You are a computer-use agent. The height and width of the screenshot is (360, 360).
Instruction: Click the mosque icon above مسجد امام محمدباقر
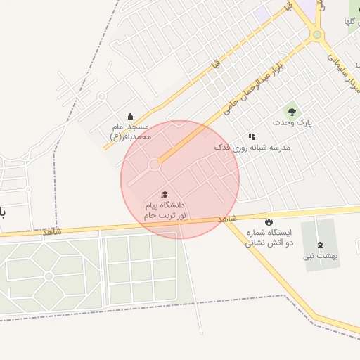coord(129,117)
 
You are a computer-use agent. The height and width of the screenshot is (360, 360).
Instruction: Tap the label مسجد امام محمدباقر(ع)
coord(131,131)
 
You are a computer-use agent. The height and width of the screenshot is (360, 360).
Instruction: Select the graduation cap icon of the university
coord(165,194)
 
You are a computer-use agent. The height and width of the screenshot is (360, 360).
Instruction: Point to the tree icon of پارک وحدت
coord(291,111)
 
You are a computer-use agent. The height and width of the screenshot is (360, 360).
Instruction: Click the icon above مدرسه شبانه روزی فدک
coord(252,136)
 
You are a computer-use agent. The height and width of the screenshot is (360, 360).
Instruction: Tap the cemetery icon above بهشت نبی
coord(321,245)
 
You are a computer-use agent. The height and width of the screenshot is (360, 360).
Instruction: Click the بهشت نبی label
coord(321,256)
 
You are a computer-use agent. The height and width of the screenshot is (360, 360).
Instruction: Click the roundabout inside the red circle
coord(154,166)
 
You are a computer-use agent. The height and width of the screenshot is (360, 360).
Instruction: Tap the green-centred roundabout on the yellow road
coord(317,34)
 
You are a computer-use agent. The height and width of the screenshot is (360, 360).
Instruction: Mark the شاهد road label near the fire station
coord(228,220)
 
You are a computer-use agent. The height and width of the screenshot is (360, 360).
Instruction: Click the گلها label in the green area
coord(349,21)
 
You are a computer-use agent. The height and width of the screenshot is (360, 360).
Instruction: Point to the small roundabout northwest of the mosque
coord(101,96)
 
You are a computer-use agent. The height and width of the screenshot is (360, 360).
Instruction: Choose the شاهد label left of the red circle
coord(51,231)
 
